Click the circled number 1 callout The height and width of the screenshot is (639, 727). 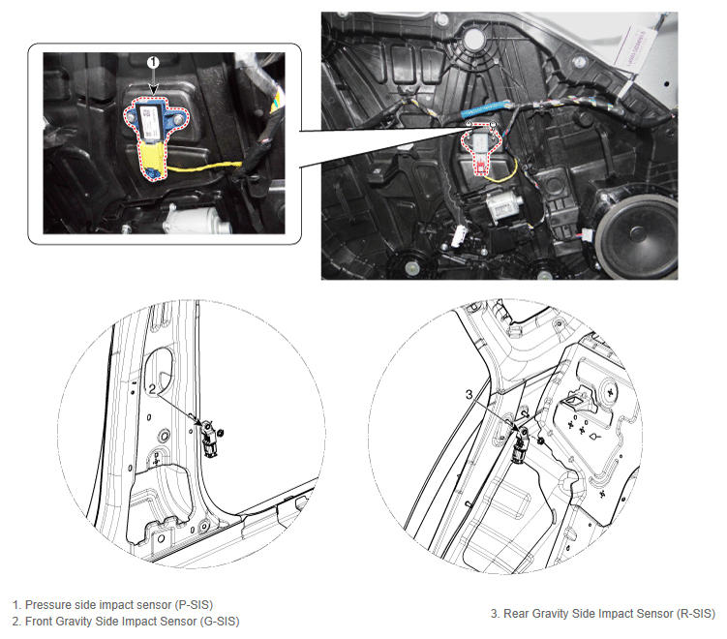pos(154,62)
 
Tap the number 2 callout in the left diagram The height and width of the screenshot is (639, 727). pos(152,388)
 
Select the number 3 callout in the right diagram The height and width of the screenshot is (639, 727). pos(470,394)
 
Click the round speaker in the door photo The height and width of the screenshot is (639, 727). pos(637,236)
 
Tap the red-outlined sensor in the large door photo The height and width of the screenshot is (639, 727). pos(482,147)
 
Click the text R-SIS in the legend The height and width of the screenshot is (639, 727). pos(696,614)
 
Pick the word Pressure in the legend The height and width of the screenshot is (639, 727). pos(45,605)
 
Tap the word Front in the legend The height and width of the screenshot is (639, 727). pos(39,622)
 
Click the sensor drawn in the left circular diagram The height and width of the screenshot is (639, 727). pos(209,439)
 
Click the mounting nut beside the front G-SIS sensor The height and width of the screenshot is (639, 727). pos(221,433)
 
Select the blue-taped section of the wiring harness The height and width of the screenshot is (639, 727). pos(485,110)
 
